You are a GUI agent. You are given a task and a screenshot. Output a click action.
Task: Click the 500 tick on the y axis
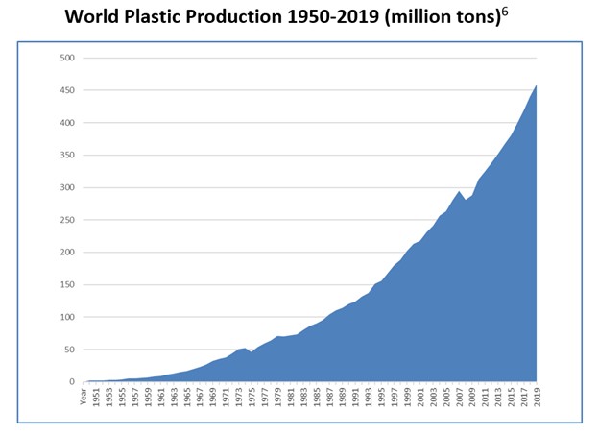click(68, 58)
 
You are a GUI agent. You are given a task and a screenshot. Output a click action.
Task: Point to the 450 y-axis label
click(68, 90)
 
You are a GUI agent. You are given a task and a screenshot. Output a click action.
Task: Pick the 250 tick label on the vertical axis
click(68, 220)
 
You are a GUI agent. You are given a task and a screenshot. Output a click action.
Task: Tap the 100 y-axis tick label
click(68, 317)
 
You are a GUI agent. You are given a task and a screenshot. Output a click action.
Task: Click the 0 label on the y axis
click(72, 382)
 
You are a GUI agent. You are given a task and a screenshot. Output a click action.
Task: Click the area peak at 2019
click(536, 86)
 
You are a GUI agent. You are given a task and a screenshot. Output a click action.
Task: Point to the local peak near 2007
click(460, 192)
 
